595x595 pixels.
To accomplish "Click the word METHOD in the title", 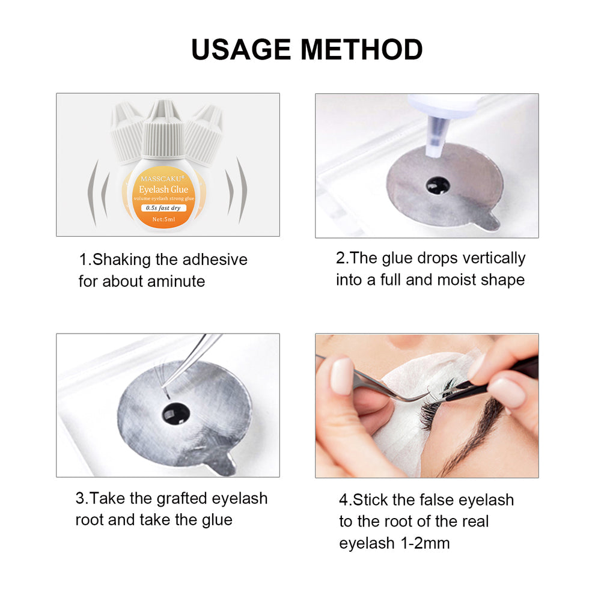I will (x=363, y=49).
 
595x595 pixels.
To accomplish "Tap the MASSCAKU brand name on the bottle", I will (x=163, y=178).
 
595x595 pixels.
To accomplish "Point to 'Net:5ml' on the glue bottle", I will (x=163, y=219).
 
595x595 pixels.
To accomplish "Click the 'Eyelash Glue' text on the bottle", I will (x=163, y=189).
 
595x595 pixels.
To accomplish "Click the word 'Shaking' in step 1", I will (x=123, y=260).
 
